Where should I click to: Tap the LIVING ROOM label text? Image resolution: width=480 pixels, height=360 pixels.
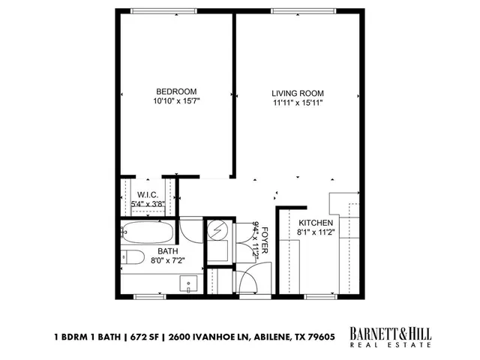click(298, 94)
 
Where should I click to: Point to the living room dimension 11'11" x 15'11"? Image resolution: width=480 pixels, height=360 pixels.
click(298, 103)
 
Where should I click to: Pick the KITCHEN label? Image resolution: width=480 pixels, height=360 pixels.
click(316, 223)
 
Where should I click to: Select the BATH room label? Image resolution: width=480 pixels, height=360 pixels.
click(166, 251)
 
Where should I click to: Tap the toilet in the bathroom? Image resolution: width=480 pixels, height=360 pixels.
click(133, 257)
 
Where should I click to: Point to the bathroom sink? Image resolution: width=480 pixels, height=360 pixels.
click(187, 283)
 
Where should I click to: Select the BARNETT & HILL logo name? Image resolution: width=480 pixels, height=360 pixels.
click(390, 332)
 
